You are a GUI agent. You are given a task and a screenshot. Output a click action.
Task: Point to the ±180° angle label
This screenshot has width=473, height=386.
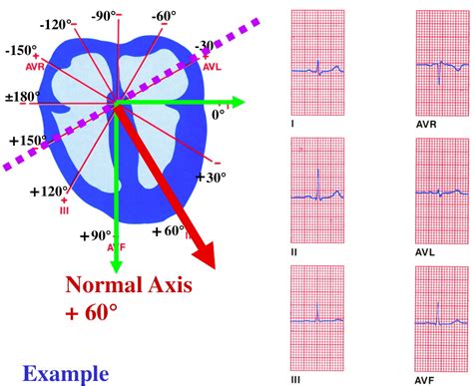22,97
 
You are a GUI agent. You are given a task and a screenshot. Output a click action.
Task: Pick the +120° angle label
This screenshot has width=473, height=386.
49,191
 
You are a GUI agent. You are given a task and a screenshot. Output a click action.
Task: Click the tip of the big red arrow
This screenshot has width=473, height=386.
213,264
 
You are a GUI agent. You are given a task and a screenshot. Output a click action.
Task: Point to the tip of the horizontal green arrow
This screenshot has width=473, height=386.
242,102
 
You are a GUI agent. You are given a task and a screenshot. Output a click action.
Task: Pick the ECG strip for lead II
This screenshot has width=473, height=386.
316,190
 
